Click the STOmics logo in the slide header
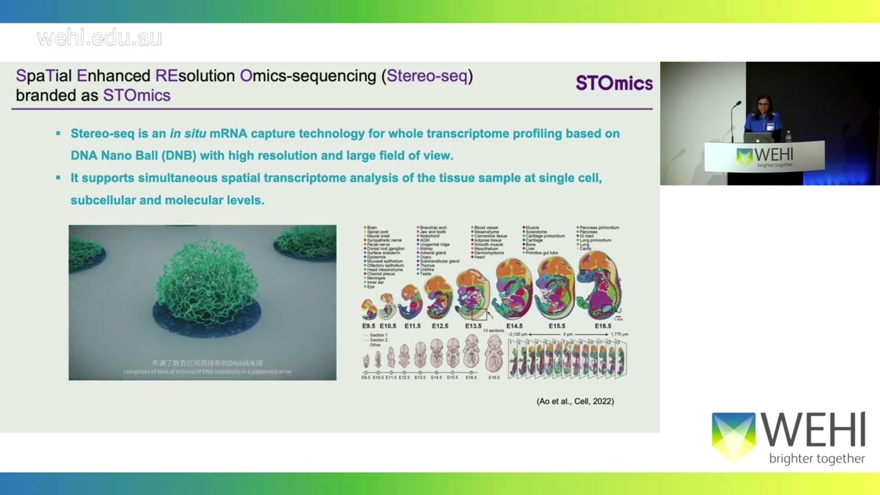[x=614, y=83]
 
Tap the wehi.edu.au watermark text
[x=100, y=38]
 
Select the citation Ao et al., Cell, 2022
[x=575, y=401]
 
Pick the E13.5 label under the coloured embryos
[x=473, y=324]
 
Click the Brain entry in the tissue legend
[x=371, y=228]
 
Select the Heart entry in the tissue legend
[x=479, y=257]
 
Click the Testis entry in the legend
[x=426, y=274]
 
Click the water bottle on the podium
[x=788, y=136]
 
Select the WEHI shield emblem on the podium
[x=745, y=157]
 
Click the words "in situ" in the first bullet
[x=188, y=133]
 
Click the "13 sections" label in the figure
[x=493, y=331]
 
